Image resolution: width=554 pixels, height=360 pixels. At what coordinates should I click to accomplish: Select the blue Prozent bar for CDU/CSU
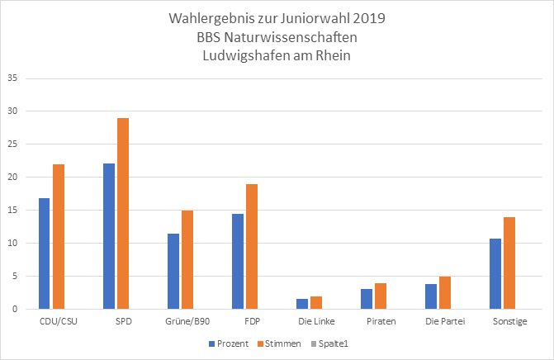44,253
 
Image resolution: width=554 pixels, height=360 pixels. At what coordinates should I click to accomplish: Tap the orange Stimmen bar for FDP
252,246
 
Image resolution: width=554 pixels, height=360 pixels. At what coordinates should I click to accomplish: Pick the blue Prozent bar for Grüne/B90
173,271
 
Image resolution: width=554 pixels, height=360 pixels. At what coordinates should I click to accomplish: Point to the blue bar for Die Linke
302,304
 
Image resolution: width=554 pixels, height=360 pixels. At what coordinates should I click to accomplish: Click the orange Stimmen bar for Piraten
381,296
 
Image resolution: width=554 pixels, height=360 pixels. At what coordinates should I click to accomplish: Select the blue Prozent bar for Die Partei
431,296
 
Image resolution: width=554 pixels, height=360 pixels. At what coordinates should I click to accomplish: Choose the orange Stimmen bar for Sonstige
509,263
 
